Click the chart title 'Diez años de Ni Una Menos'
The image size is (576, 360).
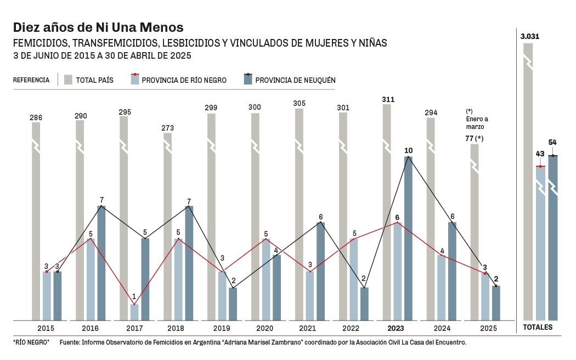pos(98,27)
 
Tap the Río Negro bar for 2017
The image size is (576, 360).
pos(134,312)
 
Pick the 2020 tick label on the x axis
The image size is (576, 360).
pos(264,328)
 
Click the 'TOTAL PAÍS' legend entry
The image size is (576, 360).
pos(89,80)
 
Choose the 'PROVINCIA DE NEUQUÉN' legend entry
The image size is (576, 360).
pos(290,80)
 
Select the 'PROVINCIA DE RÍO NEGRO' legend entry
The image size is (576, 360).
pos(178,80)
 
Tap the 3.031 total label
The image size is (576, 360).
pos(530,37)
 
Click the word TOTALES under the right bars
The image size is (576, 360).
pos(538,328)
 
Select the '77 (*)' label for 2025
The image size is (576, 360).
pos(475,138)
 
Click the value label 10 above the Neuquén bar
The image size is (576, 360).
pos(408,150)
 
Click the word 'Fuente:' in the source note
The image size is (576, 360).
pos(70,342)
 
